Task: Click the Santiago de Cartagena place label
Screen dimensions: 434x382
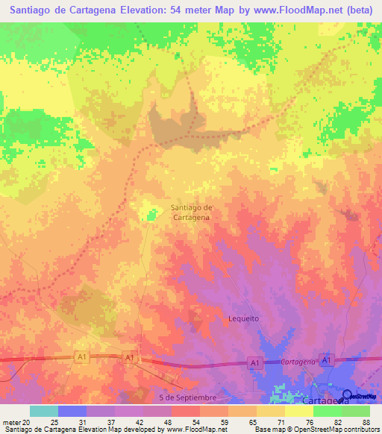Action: click(192, 212)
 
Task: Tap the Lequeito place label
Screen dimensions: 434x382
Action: click(242, 318)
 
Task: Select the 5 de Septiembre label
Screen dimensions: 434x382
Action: click(192, 397)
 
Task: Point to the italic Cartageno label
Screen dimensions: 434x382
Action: click(298, 361)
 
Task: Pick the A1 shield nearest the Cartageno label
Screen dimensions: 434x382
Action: click(255, 362)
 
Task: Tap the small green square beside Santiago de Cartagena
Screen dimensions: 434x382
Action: click(152, 215)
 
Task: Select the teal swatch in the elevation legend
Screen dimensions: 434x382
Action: click(43, 411)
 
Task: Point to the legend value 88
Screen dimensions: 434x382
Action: click(366, 422)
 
